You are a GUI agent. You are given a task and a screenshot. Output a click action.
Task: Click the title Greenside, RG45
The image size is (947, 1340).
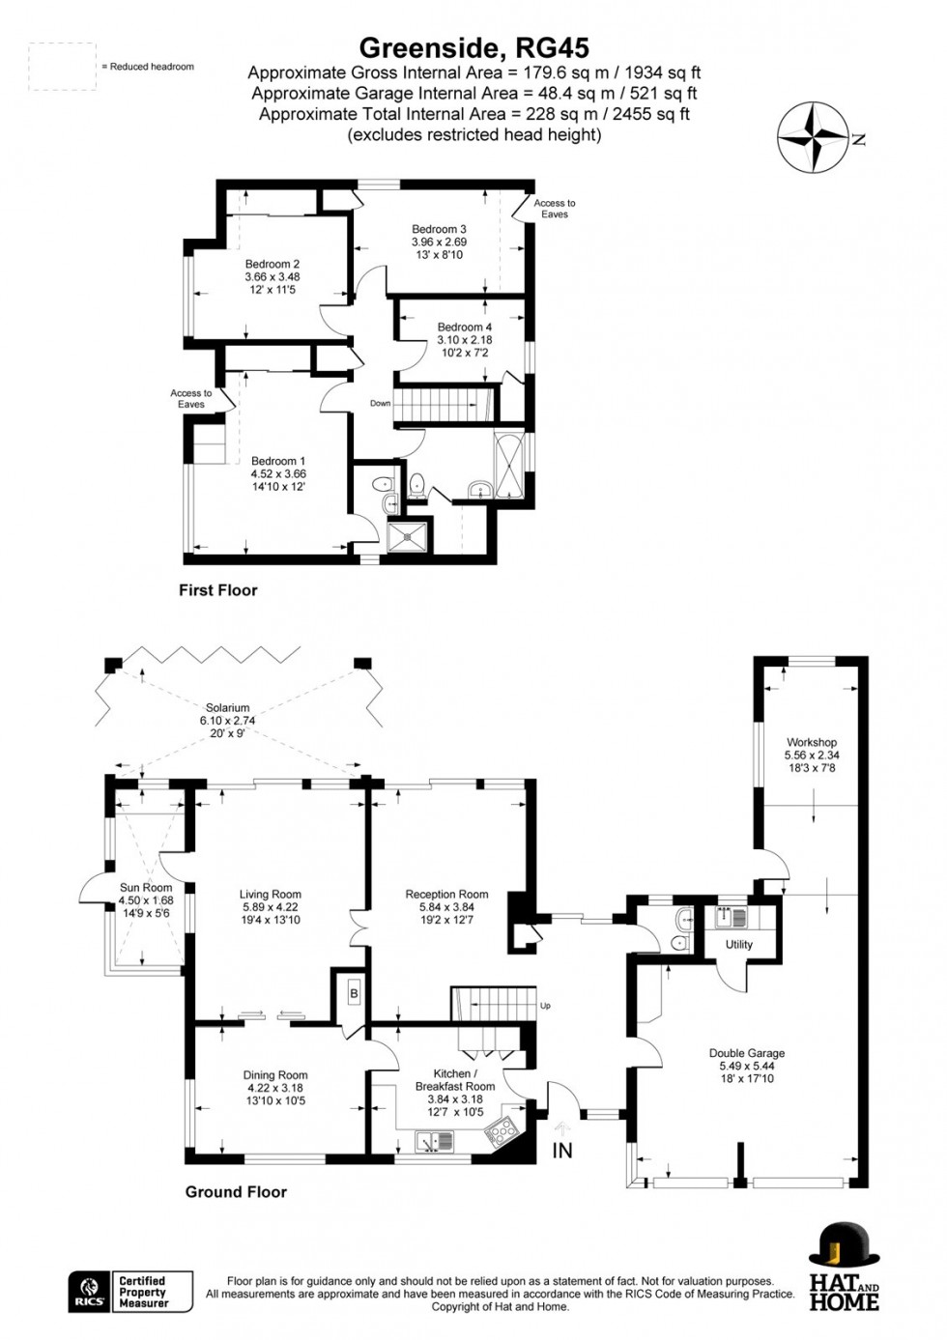(473, 47)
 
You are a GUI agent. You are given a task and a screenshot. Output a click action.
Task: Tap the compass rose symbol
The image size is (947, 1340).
(816, 137)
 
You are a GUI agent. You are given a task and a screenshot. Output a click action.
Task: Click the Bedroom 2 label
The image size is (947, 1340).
(272, 264)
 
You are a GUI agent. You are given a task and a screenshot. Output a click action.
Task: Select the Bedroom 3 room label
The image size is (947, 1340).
(439, 229)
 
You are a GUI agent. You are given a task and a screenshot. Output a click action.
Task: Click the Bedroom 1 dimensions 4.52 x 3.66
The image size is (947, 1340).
(278, 474)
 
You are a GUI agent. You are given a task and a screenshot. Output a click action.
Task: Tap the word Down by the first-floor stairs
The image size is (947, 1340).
(381, 403)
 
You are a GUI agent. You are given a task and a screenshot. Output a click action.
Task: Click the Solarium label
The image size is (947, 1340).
(227, 708)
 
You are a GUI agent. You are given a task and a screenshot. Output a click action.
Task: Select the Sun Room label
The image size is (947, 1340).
(146, 888)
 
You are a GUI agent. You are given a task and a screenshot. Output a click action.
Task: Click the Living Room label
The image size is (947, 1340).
(272, 895)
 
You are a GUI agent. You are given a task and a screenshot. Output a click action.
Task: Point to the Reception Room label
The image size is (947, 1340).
(446, 895)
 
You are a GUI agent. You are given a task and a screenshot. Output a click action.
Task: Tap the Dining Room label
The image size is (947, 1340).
(275, 1075)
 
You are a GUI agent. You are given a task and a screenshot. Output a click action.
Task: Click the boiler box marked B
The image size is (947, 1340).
(354, 994)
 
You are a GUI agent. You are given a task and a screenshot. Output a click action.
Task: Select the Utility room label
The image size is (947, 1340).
(738, 945)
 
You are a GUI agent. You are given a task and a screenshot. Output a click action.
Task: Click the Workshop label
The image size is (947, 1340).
(812, 743)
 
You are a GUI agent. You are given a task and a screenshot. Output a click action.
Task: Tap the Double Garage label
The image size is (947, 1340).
(747, 1054)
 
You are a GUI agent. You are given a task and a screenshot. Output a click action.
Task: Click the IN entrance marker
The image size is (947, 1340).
(561, 1150)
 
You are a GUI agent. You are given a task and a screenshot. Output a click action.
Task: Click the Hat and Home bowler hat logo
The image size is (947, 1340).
(844, 1249)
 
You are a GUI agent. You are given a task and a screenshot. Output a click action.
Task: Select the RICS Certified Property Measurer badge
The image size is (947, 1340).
(130, 1292)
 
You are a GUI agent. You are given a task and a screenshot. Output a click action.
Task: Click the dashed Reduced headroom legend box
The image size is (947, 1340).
(62, 67)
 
